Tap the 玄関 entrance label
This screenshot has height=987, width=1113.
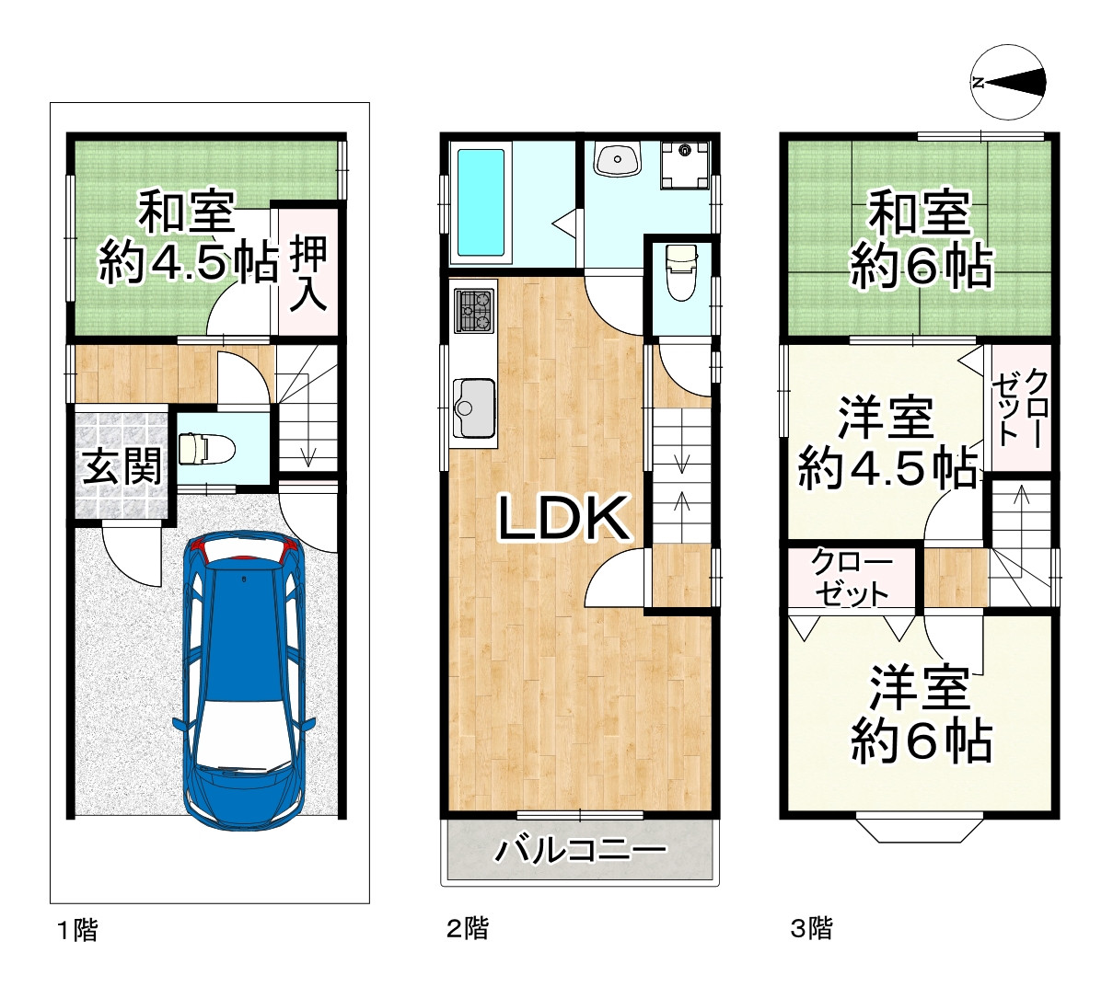pos(122,466)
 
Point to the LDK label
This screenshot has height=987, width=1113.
pos(562,517)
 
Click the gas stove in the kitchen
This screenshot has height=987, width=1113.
pos(473,310)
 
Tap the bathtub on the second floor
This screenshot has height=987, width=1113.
pos(481,202)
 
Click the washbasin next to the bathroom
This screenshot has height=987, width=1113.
pos(618,158)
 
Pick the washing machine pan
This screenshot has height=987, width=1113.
pos(685,165)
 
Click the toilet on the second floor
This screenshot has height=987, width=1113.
pos(681,271)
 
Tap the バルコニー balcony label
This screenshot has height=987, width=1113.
pos(580,850)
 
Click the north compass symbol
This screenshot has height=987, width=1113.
pos(1007,83)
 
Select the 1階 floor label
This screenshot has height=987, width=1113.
pos(78,930)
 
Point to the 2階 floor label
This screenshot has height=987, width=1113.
pos(467,929)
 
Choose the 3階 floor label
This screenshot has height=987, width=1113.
pos(811,928)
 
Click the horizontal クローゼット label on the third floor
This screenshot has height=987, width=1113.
pos(851,580)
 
